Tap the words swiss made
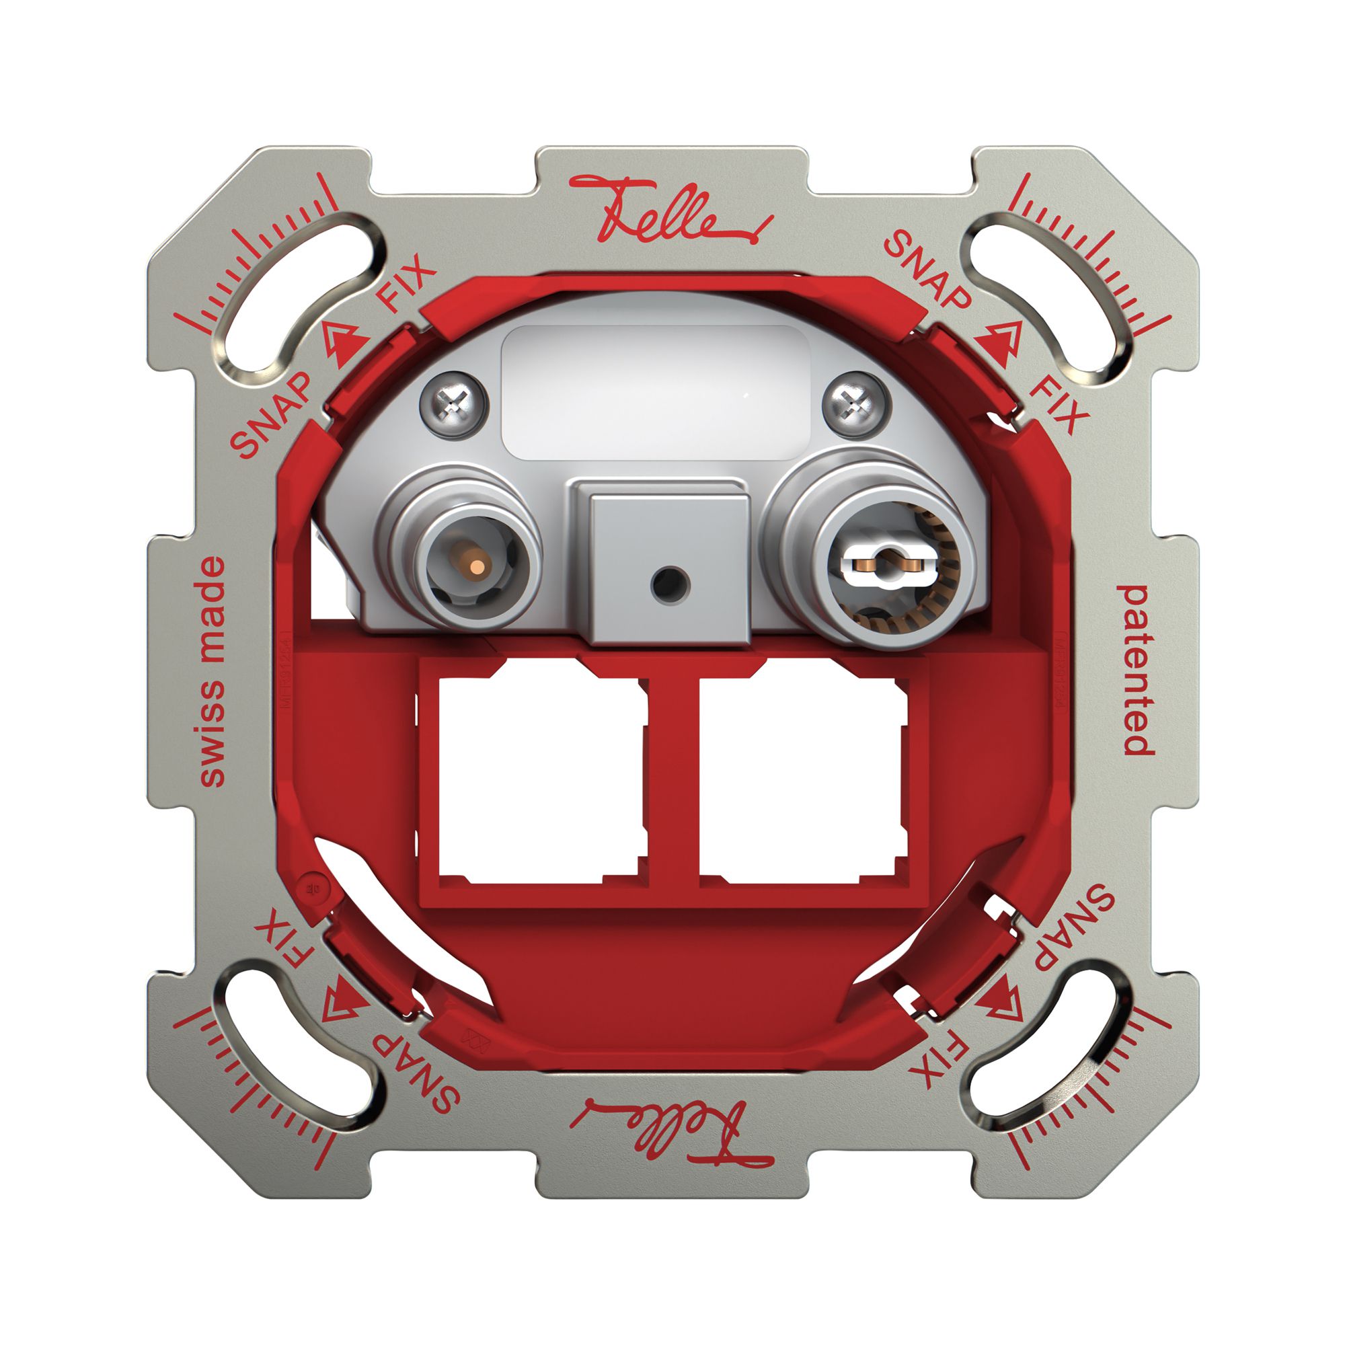point(212,671)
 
